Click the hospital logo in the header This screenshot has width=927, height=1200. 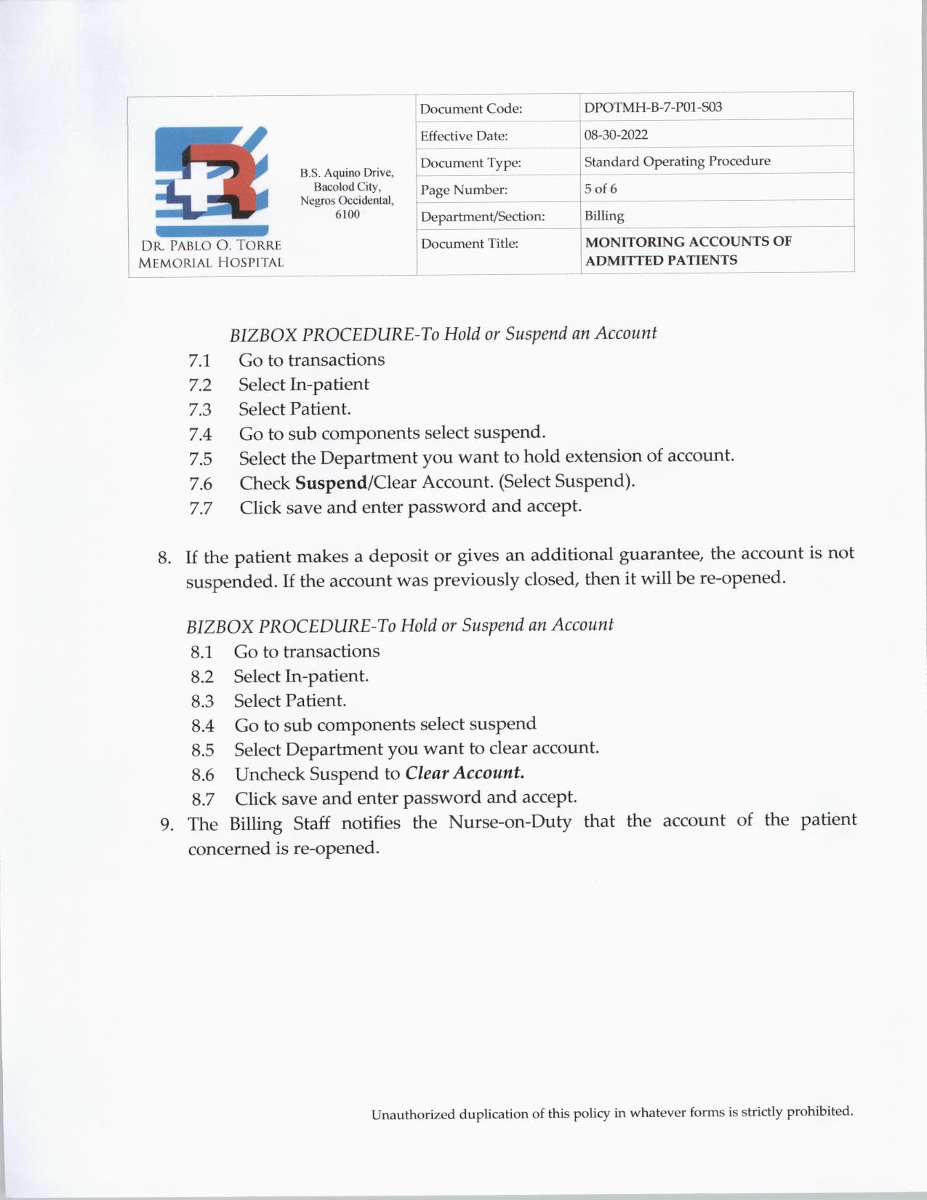pos(211,181)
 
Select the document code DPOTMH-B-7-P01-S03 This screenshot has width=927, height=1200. pos(653,108)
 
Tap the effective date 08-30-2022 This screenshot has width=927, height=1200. pos(616,135)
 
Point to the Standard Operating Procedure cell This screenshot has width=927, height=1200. pos(677,161)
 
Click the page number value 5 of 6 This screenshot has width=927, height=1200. pos(601,189)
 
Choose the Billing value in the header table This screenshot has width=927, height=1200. pos(604,216)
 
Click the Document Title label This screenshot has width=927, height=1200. pos(469,244)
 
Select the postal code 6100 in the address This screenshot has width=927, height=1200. pos(347,215)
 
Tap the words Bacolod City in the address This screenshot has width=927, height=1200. pos(347,187)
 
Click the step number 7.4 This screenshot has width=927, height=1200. pos(200,435)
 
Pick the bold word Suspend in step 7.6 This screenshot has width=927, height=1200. pos(331,483)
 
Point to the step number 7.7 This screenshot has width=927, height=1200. pos(201,508)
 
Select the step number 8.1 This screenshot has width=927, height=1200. pos(201,652)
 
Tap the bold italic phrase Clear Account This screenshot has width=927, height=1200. pos(465,773)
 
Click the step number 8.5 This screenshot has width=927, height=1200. pos(203,751)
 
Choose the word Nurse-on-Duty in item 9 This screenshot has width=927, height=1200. pos(510,823)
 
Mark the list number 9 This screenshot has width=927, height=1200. pos(166,825)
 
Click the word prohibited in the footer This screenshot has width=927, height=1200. pos(819,1111)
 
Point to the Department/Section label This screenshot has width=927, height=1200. pos(482,217)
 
